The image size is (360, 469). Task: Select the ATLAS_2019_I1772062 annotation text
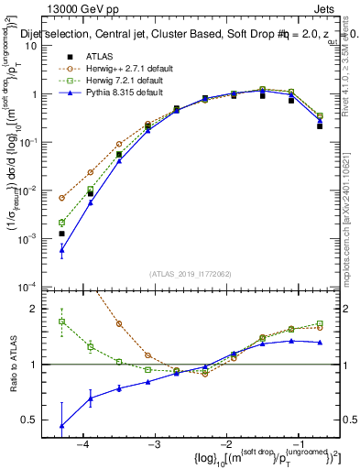[x=190, y=274]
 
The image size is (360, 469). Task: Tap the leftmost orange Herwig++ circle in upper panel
[x=61, y=198]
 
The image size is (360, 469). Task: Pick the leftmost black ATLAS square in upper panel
[x=61, y=234]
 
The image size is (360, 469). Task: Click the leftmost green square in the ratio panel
[x=61, y=322]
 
